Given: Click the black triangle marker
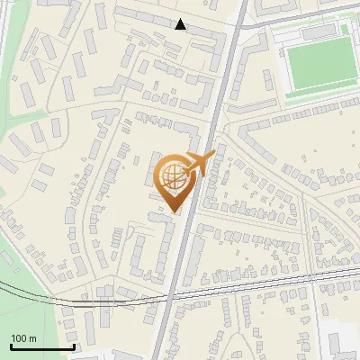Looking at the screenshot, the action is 181,24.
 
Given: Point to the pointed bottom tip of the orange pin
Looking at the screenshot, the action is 175,211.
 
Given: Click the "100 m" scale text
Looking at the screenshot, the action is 24,337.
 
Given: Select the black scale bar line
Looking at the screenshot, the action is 42,346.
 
